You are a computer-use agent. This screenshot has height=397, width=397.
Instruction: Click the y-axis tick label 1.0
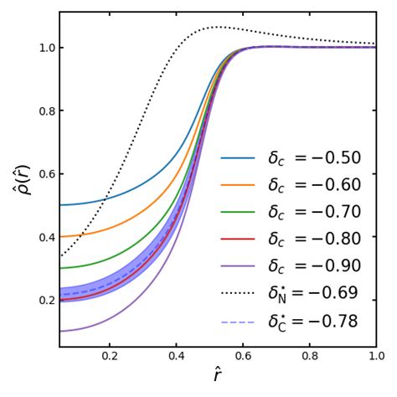[x=46, y=48]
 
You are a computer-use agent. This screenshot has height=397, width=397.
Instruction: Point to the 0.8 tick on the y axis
[x=46, y=111]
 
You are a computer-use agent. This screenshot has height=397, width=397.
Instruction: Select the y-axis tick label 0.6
[x=46, y=173]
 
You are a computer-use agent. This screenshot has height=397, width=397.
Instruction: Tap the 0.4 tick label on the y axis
[x=46, y=237]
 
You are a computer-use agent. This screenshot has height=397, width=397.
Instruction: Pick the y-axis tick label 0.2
[x=46, y=300]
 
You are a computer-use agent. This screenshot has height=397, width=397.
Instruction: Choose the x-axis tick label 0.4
[x=176, y=356]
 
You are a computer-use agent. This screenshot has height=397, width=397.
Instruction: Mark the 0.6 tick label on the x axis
[x=243, y=356]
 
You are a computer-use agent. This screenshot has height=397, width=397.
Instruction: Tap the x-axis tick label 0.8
[x=309, y=356]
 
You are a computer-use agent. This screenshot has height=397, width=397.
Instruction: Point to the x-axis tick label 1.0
[x=375, y=356]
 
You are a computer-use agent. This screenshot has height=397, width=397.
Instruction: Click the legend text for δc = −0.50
[x=314, y=158]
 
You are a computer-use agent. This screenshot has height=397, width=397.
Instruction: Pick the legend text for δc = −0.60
[x=314, y=185]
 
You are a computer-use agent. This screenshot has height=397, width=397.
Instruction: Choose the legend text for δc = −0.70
[x=314, y=212]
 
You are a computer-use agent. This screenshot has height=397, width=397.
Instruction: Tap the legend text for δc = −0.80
[x=314, y=239]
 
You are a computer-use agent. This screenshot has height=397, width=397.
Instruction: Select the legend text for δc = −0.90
[x=314, y=266]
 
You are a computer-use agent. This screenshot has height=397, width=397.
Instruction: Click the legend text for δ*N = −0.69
[x=314, y=293]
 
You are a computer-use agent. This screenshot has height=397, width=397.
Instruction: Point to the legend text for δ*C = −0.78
[x=314, y=321]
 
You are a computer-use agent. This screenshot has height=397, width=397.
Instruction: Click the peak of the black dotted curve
[x=217, y=27]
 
